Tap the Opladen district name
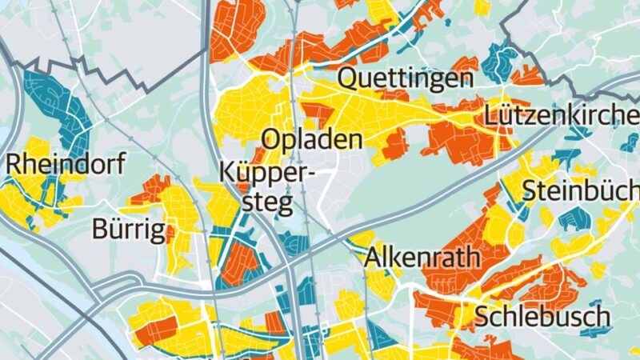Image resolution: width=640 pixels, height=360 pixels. coord(313,139)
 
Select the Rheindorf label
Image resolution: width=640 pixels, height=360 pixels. coord(66,166)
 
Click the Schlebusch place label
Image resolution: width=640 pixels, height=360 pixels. coord(542,316)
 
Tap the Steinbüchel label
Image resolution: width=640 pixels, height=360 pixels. coord(581,190)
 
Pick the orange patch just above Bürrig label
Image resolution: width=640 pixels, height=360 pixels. coord(149,190)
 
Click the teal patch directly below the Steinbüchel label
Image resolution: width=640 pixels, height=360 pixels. coord(573,218)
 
